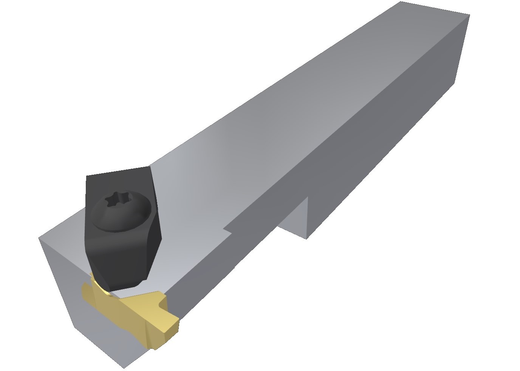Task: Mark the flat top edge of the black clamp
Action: point(117,171)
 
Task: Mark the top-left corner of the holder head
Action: point(40,238)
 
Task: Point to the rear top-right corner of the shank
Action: point(469,15)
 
